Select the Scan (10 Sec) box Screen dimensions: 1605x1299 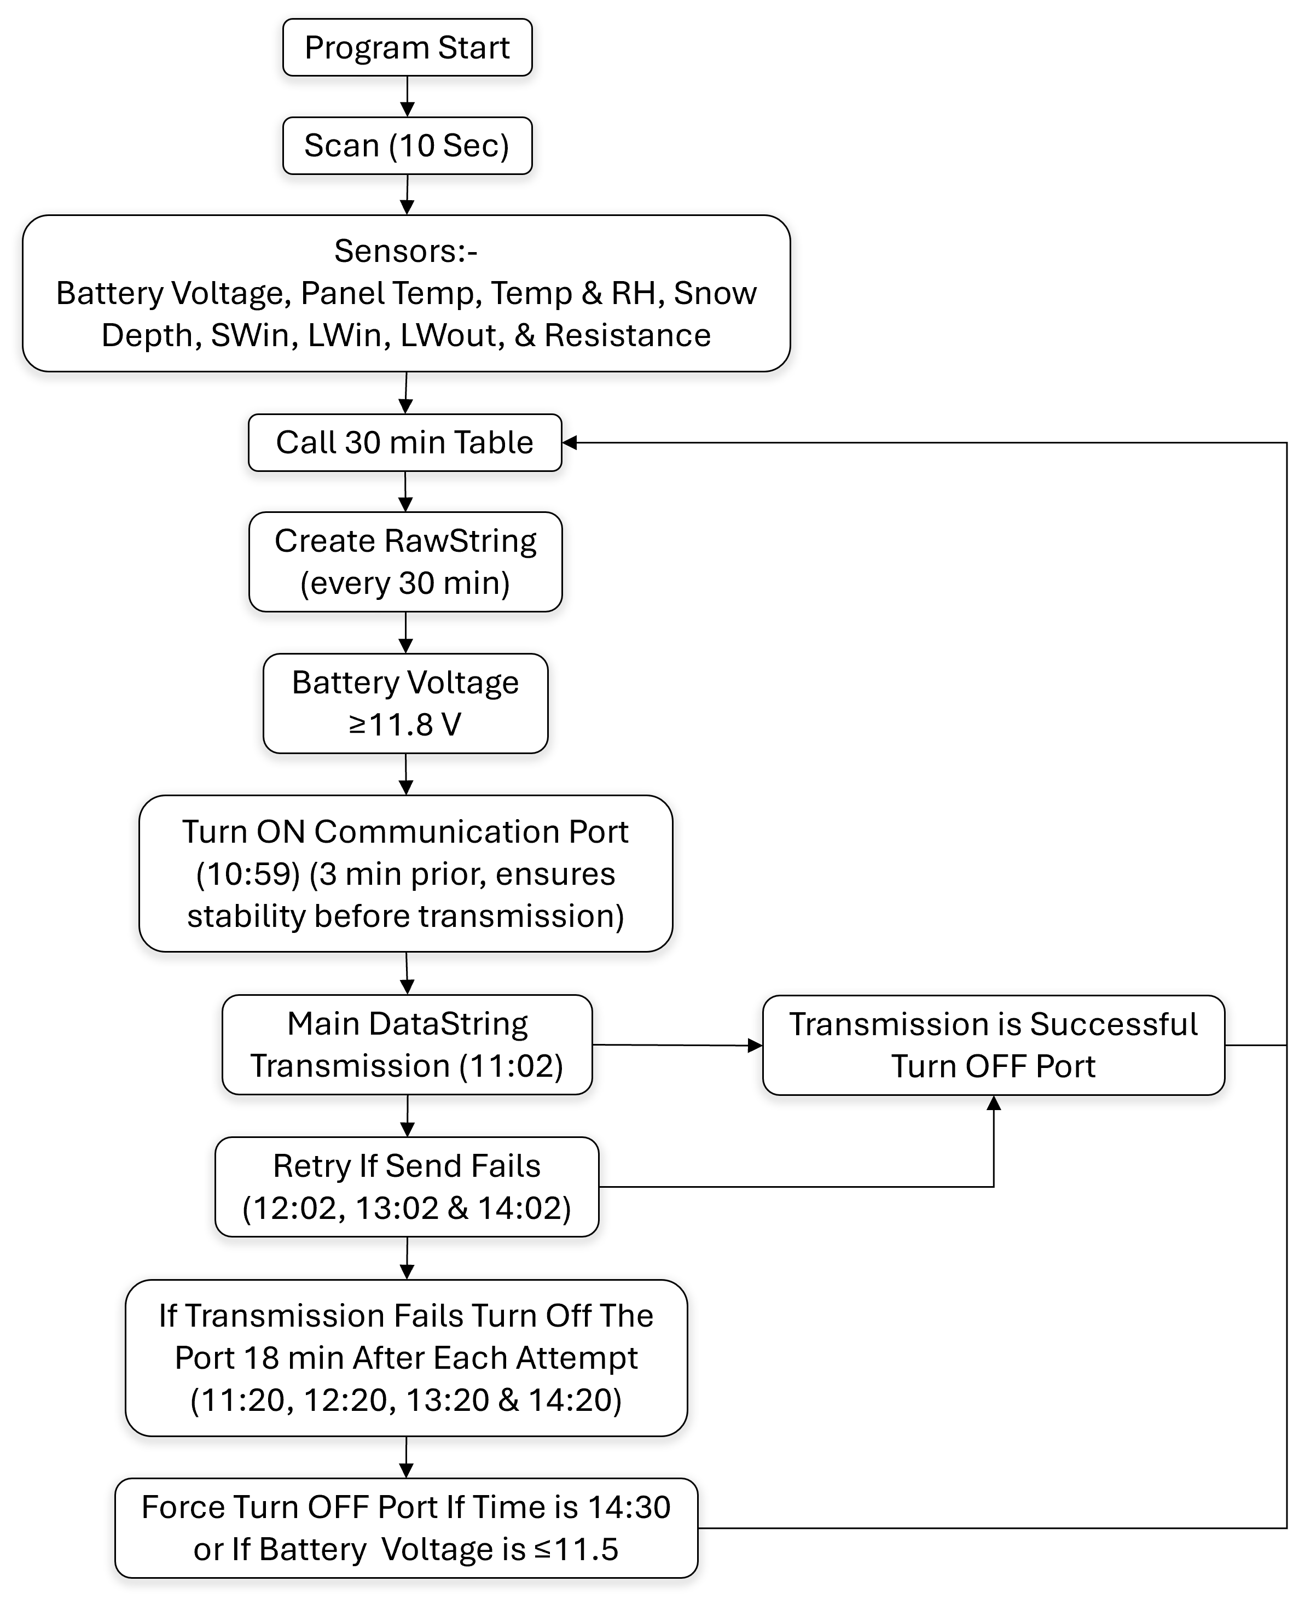(407, 146)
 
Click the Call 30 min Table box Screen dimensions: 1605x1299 (405, 443)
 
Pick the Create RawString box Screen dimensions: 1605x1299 (405, 562)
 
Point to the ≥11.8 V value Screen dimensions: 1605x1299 (405, 725)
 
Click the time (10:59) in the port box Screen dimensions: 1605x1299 (248, 873)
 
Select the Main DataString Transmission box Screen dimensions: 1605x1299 (407, 1045)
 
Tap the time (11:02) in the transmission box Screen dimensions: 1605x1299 (511, 1066)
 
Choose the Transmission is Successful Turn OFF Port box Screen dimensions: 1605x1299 (993, 1045)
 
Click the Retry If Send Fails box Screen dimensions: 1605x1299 (407, 1187)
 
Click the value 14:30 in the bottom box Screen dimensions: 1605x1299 (629, 1507)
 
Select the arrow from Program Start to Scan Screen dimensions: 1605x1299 (407, 96)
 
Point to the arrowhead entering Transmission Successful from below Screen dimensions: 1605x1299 (994, 1103)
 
